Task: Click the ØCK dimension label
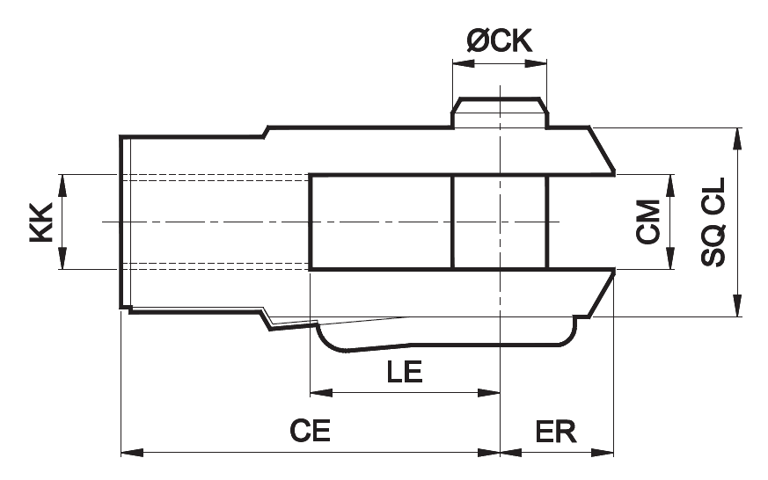[x=499, y=40]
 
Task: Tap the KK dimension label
[x=41, y=222]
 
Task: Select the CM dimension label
[x=648, y=222]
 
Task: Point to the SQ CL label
[x=713, y=222]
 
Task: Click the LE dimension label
[x=405, y=372]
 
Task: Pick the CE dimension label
[x=310, y=431]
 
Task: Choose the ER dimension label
[x=556, y=432]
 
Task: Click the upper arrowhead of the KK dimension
[x=62, y=185]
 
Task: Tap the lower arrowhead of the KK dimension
[x=62, y=258]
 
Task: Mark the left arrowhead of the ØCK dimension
[x=464, y=63]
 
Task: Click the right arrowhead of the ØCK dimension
[x=536, y=63]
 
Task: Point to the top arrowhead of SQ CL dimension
[x=736, y=139]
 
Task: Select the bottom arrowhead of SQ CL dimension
[x=736, y=306]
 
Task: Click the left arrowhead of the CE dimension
[x=132, y=453]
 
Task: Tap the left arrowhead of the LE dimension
[x=321, y=392]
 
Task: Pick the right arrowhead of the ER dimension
[x=603, y=453]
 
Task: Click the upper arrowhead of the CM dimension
[x=670, y=185]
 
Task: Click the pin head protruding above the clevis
[x=500, y=113]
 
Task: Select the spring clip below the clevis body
[x=446, y=337]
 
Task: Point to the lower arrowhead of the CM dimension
[x=670, y=258]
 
